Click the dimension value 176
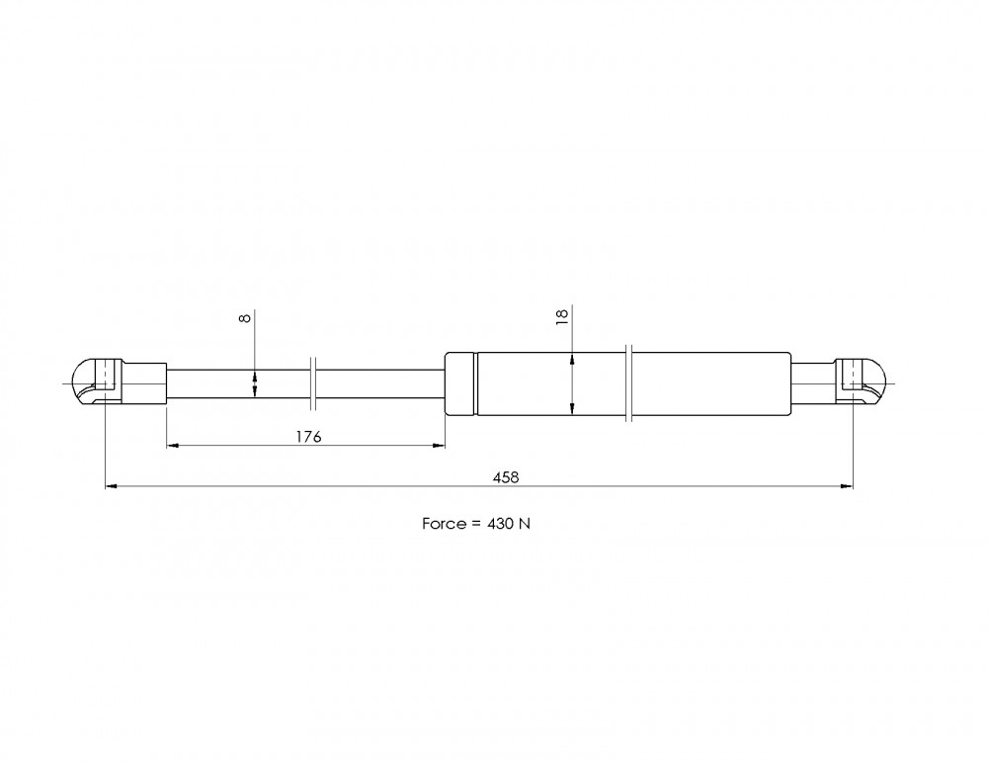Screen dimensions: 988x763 pos(308,437)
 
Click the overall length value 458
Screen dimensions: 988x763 pos(506,477)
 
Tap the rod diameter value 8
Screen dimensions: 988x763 pos(245,317)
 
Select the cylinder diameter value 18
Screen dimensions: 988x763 pos(563,315)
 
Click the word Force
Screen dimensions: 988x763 pos(445,524)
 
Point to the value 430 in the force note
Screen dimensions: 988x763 pos(500,524)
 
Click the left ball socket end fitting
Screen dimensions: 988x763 pos(120,382)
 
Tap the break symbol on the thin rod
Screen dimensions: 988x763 pos(313,382)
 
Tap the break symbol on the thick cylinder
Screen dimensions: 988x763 pos(628,382)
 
